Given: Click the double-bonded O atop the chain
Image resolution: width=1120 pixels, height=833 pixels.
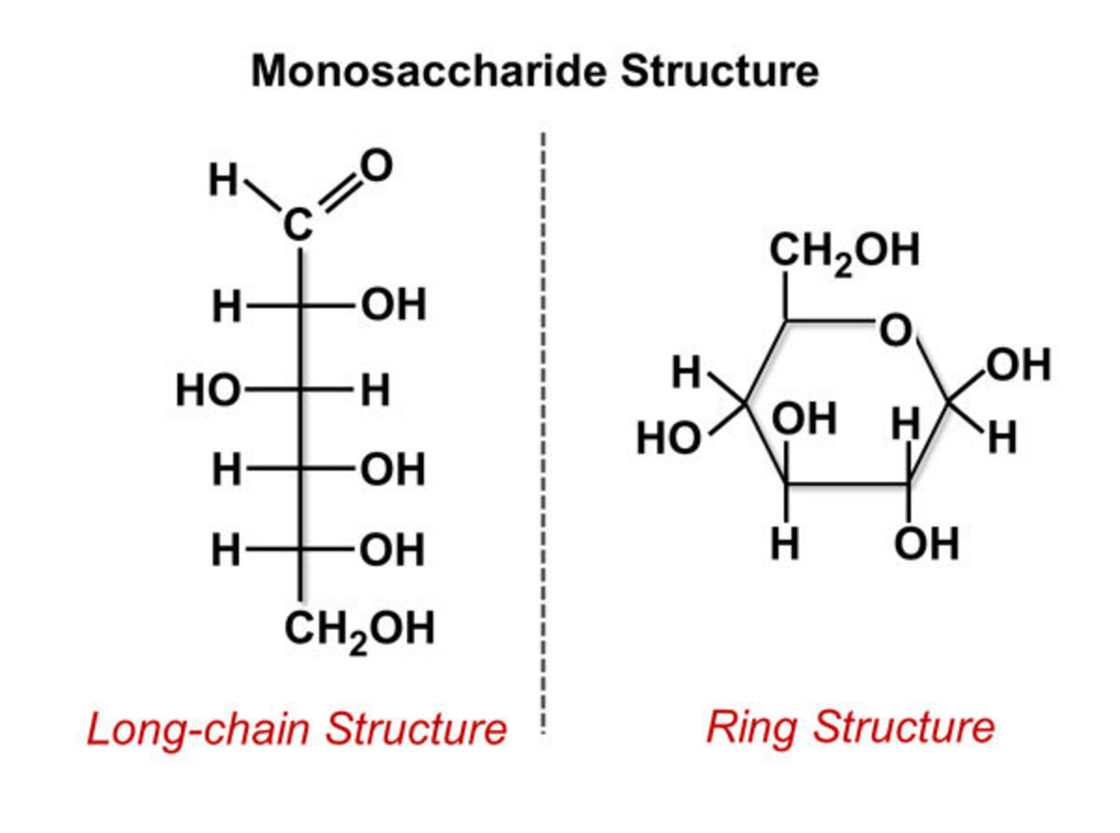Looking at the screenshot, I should pyautogui.click(x=375, y=166).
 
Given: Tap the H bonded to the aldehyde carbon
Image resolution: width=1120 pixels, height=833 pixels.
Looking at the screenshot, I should pyautogui.click(x=223, y=180).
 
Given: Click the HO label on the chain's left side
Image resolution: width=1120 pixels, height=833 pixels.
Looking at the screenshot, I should pyautogui.click(x=207, y=390).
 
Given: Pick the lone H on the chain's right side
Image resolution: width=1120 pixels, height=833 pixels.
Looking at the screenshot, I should pyautogui.click(x=375, y=390).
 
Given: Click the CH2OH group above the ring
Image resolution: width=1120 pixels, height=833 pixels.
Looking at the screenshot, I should pyautogui.click(x=845, y=250).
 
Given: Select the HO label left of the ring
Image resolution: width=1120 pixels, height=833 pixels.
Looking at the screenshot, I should pyautogui.click(x=668, y=438).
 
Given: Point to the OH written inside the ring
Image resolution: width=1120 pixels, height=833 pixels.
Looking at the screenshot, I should pyautogui.click(x=805, y=420).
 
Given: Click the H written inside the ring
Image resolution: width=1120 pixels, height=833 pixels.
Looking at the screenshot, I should pyautogui.click(x=906, y=425).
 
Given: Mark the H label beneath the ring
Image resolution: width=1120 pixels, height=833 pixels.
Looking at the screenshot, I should pyautogui.click(x=787, y=544).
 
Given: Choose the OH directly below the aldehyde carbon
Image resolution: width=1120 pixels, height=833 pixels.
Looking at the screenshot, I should pyautogui.click(x=393, y=305).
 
